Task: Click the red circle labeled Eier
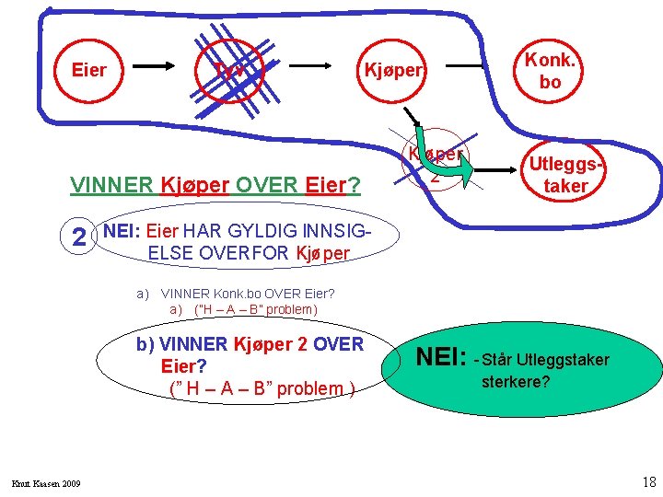(x=89, y=70)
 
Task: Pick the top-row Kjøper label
(x=394, y=70)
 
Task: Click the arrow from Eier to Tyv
(x=162, y=67)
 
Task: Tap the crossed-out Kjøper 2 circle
(x=435, y=164)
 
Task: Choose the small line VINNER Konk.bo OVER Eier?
(x=248, y=295)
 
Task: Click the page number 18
(x=646, y=481)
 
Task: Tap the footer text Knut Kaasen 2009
(x=46, y=484)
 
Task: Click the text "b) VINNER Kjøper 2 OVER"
(x=250, y=344)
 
